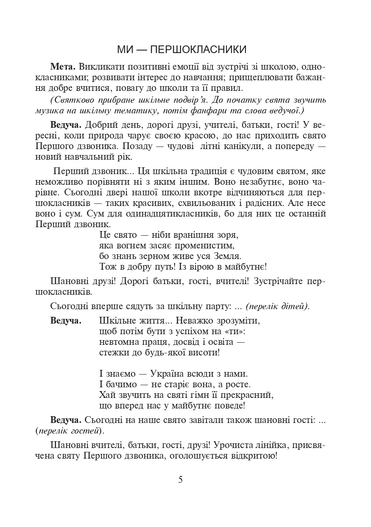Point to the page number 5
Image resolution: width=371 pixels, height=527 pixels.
pos(181,480)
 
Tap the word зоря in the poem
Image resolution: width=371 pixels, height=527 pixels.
pos(228,235)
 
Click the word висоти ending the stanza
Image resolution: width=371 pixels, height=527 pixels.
pos(204,352)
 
